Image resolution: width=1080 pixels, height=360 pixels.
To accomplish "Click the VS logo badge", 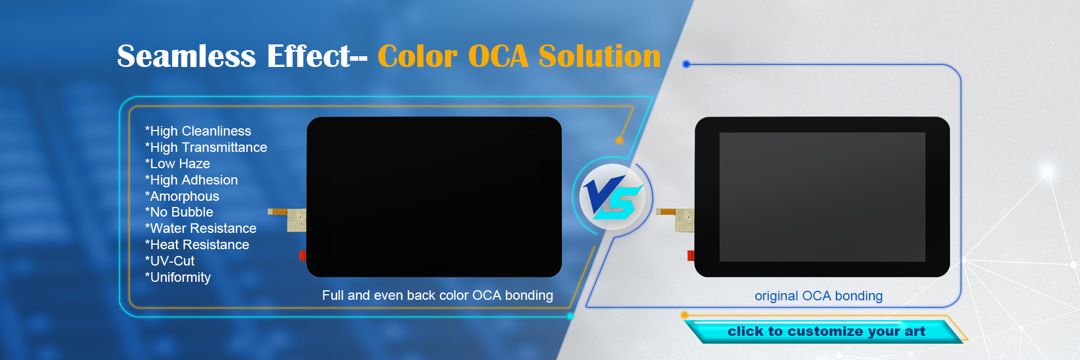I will [x=613, y=197].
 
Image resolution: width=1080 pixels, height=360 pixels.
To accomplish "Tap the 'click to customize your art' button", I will [x=826, y=331].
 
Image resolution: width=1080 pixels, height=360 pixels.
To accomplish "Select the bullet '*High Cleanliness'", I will [x=198, y=131].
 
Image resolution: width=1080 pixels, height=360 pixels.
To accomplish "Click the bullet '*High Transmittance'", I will [x=206, y=147].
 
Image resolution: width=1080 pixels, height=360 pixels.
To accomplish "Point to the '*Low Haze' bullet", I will [x=177, y=164].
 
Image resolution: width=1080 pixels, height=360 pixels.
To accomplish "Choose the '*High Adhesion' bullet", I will [x=191, y=180].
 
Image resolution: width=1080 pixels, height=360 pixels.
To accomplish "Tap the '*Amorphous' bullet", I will [x=182, y=196].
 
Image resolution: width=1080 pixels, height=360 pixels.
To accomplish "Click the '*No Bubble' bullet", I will [x=179, y=212].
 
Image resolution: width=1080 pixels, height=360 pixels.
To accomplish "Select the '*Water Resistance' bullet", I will [x=200, y=228].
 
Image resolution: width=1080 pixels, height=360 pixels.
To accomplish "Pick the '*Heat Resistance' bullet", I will [x=197, y=245].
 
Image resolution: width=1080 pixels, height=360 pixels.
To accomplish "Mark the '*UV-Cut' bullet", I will [x=169, y=261].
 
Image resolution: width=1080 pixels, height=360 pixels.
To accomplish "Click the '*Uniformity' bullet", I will [x=178, y=277].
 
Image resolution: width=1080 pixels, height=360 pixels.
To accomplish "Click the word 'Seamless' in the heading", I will [x=186, y=56].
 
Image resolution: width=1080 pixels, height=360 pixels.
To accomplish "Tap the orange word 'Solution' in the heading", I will [x=599, y=56].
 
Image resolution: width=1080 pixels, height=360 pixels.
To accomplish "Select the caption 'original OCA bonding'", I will [x=818, y=296].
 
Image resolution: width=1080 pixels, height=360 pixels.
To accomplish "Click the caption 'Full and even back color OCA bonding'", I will [x=437, y=295].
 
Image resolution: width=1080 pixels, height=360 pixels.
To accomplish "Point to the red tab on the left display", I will [x=302, y=256].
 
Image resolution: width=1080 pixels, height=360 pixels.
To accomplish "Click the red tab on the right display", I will [x=691, y=256].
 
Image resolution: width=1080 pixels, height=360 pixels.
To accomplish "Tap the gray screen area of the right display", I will [x=822, y=197].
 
